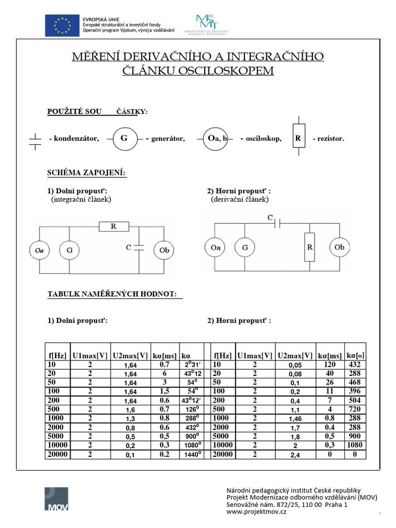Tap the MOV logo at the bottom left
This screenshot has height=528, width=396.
56,499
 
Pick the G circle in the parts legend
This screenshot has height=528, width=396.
124,139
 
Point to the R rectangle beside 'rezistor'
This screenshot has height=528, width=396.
298,139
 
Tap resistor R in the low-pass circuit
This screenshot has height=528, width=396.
113,226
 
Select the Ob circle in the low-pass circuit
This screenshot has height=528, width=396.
164,250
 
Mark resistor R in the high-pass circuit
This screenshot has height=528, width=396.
310,247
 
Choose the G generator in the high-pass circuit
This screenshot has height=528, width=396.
245,247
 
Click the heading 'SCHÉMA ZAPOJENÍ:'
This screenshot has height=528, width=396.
87,173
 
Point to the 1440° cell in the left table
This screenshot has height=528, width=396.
191,454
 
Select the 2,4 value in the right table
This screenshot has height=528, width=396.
295,455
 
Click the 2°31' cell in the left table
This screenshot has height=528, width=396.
191,365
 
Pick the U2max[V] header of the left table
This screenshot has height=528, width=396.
130,355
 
